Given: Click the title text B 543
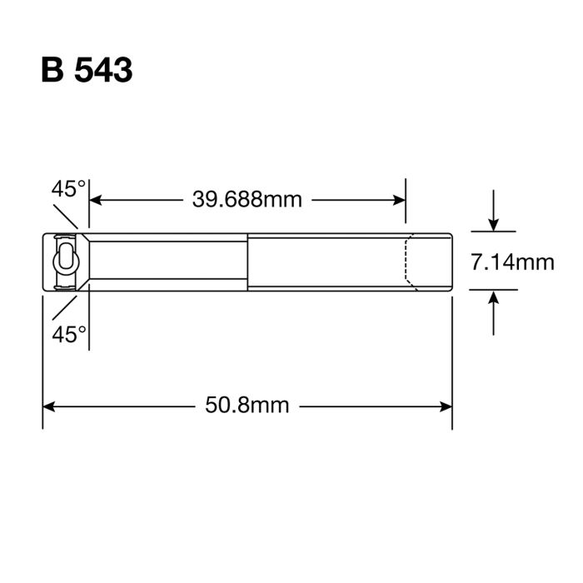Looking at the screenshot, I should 87,71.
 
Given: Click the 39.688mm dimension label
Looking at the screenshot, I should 247,199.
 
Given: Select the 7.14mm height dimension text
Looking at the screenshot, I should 511,263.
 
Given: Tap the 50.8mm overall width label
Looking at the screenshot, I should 247,406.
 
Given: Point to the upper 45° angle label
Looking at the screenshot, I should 68,188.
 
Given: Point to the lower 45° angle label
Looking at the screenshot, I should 68,334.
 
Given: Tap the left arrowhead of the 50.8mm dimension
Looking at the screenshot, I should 49,406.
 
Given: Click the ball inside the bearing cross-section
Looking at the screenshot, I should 64,261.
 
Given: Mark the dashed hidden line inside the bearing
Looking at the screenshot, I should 408,262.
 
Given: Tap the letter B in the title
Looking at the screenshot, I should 52,71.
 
